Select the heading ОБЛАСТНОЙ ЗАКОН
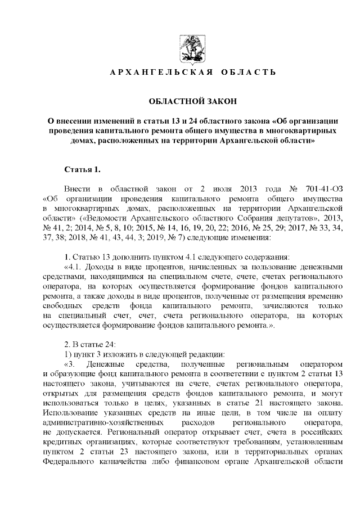pyautogui.click(x=192, y=101)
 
